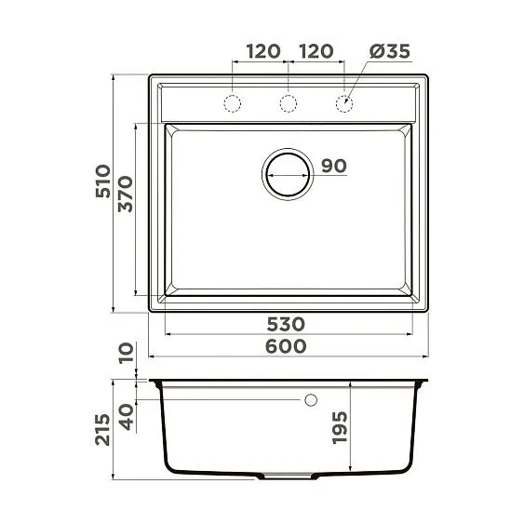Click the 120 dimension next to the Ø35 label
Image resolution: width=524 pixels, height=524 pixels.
pyautogui.click(x=316, y=51)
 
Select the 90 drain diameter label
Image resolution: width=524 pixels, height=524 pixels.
pyautogui.click(x=333, y=166)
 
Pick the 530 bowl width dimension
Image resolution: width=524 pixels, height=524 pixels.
pyautogui.click(x=286, y=324)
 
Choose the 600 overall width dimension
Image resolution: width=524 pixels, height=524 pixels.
pyautogui.click(x=286, y=345)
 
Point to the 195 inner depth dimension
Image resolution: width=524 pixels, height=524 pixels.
pyautogui.click(x=340, y=427)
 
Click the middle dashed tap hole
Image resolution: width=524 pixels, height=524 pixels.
pyautogui.click(x=289, y=101)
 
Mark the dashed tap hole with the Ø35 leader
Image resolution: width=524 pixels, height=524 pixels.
pyautogui.click(x=344, y=101)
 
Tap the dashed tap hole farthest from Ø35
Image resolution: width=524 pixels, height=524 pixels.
pyautogui.click(x=233, y=101)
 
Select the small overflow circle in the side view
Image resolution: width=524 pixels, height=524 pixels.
pyautogui.click(x=311, y=400)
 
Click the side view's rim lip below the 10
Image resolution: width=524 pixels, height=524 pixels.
pyautogui.click(x=155, y=382)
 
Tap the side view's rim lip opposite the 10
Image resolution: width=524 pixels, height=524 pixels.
pyautogui.click(x=423, y=382)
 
